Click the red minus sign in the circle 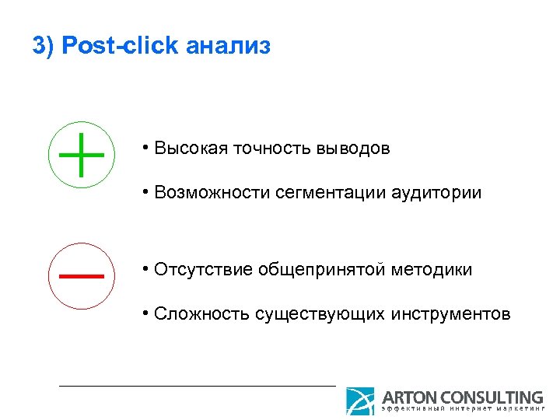(x=81, y=275)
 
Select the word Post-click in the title (x=121, y=46)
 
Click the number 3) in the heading (x=44, y=46)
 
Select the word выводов (x=354, y=148)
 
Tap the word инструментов (x=450, y=314)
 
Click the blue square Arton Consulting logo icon (x=360, y=401)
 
